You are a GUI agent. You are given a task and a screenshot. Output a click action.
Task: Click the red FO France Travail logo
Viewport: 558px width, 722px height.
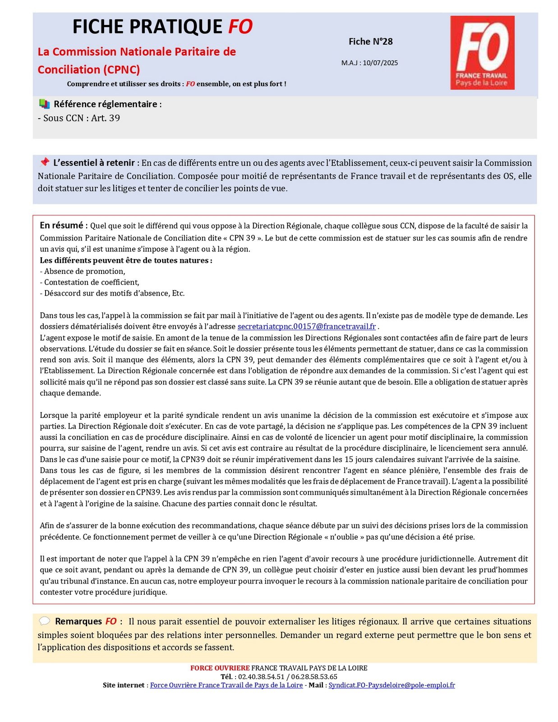[482, 52]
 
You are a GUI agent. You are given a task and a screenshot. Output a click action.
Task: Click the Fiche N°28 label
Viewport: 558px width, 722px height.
[370, 42]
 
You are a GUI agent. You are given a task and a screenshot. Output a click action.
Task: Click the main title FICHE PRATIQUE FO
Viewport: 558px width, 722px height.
[162, 27]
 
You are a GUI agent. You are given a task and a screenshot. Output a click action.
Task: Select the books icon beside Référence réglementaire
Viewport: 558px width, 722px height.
[44, 104]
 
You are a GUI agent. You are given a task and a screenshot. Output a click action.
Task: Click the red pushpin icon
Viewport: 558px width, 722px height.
[44, 162]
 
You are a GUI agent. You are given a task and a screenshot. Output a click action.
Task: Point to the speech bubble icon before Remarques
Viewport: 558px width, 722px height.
[44, 621]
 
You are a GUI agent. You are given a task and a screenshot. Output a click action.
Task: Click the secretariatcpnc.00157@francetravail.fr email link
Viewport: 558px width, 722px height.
[306, 326]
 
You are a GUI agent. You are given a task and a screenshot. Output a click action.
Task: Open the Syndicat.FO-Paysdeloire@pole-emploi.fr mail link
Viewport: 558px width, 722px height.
[392, 685]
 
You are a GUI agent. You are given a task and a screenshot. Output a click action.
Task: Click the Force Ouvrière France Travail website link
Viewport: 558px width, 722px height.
[226, 685]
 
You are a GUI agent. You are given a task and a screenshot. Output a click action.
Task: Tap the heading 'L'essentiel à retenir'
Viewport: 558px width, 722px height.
[94, 163]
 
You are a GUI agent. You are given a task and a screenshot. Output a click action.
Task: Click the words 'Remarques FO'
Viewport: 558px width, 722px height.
[86, 621]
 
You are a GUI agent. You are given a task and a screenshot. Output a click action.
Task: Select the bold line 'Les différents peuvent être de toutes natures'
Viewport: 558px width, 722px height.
[125, 260]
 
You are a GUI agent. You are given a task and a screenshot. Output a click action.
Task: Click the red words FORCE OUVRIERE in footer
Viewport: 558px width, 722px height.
[220, 668]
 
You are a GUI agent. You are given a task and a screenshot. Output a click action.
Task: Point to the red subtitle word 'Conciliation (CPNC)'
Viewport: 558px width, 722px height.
[89, 69]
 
